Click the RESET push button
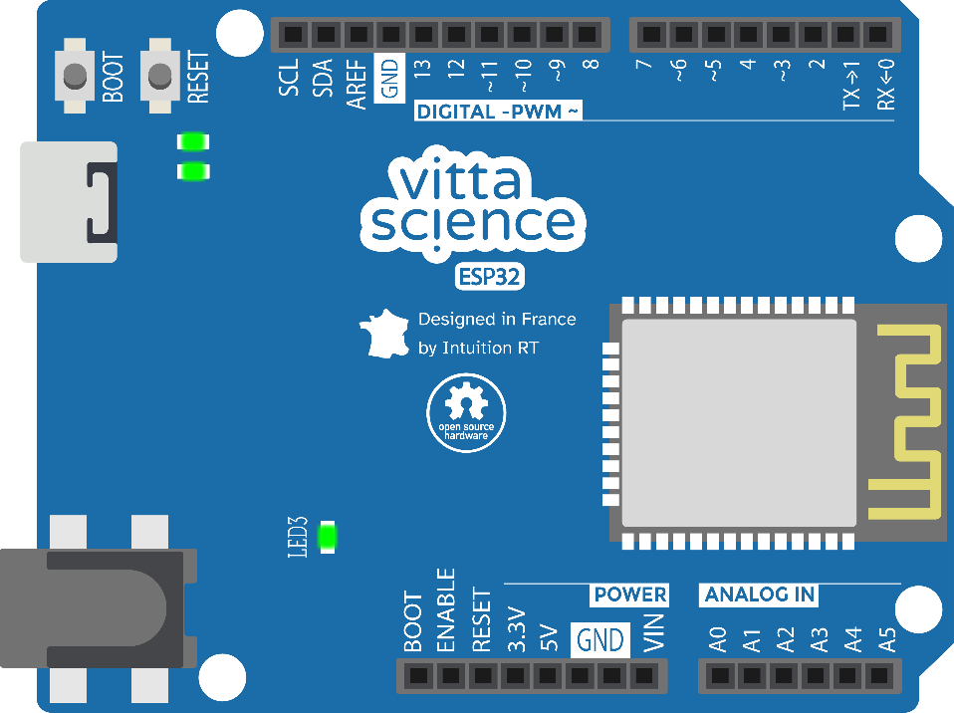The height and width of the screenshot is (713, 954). click(160, 76)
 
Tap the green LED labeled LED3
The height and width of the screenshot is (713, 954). click(328, 537)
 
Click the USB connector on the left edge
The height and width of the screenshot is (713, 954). click(69, 202)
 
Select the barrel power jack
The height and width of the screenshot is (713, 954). click(99, 608)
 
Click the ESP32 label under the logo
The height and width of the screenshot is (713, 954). click(489, 277)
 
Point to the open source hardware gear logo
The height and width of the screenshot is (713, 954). click(466, 413)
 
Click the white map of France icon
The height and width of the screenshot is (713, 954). click(384, 334)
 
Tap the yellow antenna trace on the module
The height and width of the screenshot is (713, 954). click(905, 421)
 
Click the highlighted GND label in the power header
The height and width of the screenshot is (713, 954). click(599, 640)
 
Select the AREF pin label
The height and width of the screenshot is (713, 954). click(357, 84)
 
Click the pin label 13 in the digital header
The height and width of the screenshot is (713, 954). click(422, 69)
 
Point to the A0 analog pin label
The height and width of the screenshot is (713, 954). click(718, 639)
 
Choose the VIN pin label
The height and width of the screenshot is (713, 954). click(653, 632)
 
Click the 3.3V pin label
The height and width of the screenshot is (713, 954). click(516, 629)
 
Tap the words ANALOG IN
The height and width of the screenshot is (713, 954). click(759, 594)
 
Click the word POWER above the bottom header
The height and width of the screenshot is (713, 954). click(629, 594)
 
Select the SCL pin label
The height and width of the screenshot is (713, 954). click(289, 78)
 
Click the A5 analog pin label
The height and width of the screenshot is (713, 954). click(887, 639)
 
